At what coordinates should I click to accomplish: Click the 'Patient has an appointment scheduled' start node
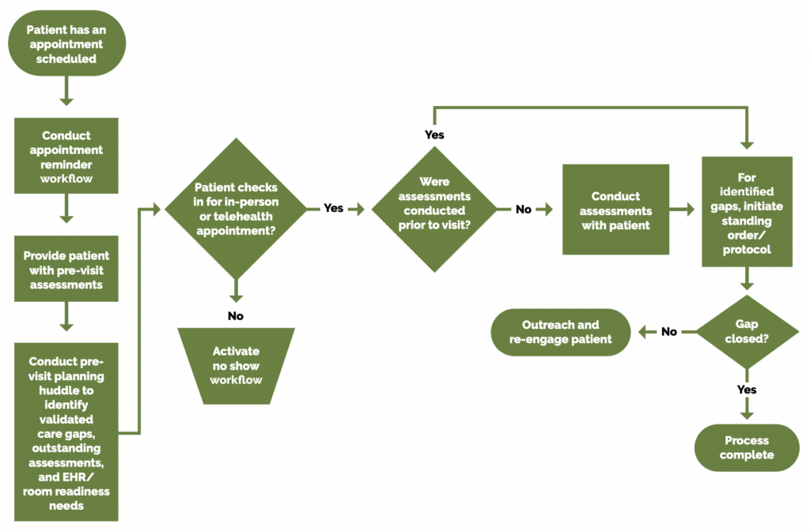pyautogui.click(x=66, y=43)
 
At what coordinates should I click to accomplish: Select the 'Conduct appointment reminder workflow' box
pyautogui.click(x=66, y=157)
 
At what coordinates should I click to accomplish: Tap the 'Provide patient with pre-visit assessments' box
pyautogui.click(x=66, y=269)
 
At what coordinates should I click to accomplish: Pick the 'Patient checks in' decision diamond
pyautogui.click(x=236, y=209)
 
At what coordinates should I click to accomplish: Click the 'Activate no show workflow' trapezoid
pyautogui.click(x=237, y=365)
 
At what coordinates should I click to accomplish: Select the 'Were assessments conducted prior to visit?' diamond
pyautogui.click(x=434, y=209)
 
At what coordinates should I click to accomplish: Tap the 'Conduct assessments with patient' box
pyautogui.click(x=615, y=209)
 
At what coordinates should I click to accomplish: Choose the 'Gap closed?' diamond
pyautogui.click(x=746, y=332)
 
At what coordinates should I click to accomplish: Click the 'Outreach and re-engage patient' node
pyautogui.click(x=561, y=332)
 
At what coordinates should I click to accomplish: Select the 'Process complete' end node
pyautogui.click(x=746, y=447)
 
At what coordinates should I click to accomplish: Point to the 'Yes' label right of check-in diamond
pyautogui.click(x=333, y=209)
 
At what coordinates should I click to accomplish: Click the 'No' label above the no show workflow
pyautogui.click(x=236, y=315)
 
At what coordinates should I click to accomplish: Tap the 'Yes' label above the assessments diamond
pyautogui.click(x=434, y=135)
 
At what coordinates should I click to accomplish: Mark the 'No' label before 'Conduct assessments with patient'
pyautogui.click(x=524, y=209)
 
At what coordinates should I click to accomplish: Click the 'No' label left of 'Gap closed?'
pyautogui.click(x=668, y=332)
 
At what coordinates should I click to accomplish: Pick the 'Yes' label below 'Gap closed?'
pyautogui.click(x=746, y=390)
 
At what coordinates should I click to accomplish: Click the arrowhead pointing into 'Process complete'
pyautogui.click(x=746, y=416)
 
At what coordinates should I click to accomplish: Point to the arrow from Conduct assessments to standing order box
pyautogui.click(x=685, y=209)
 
